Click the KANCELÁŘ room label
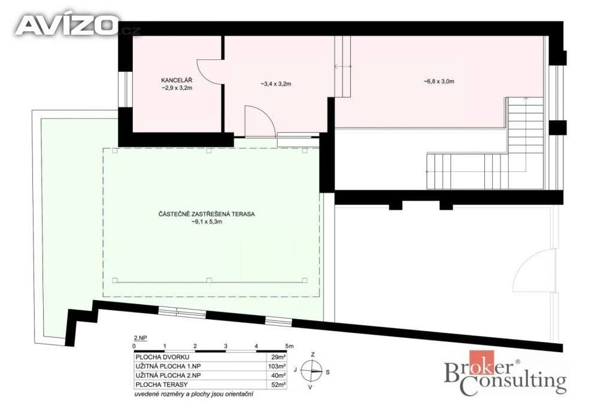(177, 81)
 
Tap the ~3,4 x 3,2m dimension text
(276, 84)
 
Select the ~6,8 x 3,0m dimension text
(439, 81)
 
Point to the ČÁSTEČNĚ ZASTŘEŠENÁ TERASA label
(207, 214)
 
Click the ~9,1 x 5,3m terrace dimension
(207, 222)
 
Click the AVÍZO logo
(66, 25)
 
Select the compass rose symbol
(311, 371)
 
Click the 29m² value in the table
(278, 357)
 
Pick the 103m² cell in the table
(277, 366)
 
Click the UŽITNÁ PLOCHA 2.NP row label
(168, 375)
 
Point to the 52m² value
(278, 385)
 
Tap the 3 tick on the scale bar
(226, 346)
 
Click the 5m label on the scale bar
(289, 346)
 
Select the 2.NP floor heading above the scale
(140, 338)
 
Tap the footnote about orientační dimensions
(193, 394)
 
